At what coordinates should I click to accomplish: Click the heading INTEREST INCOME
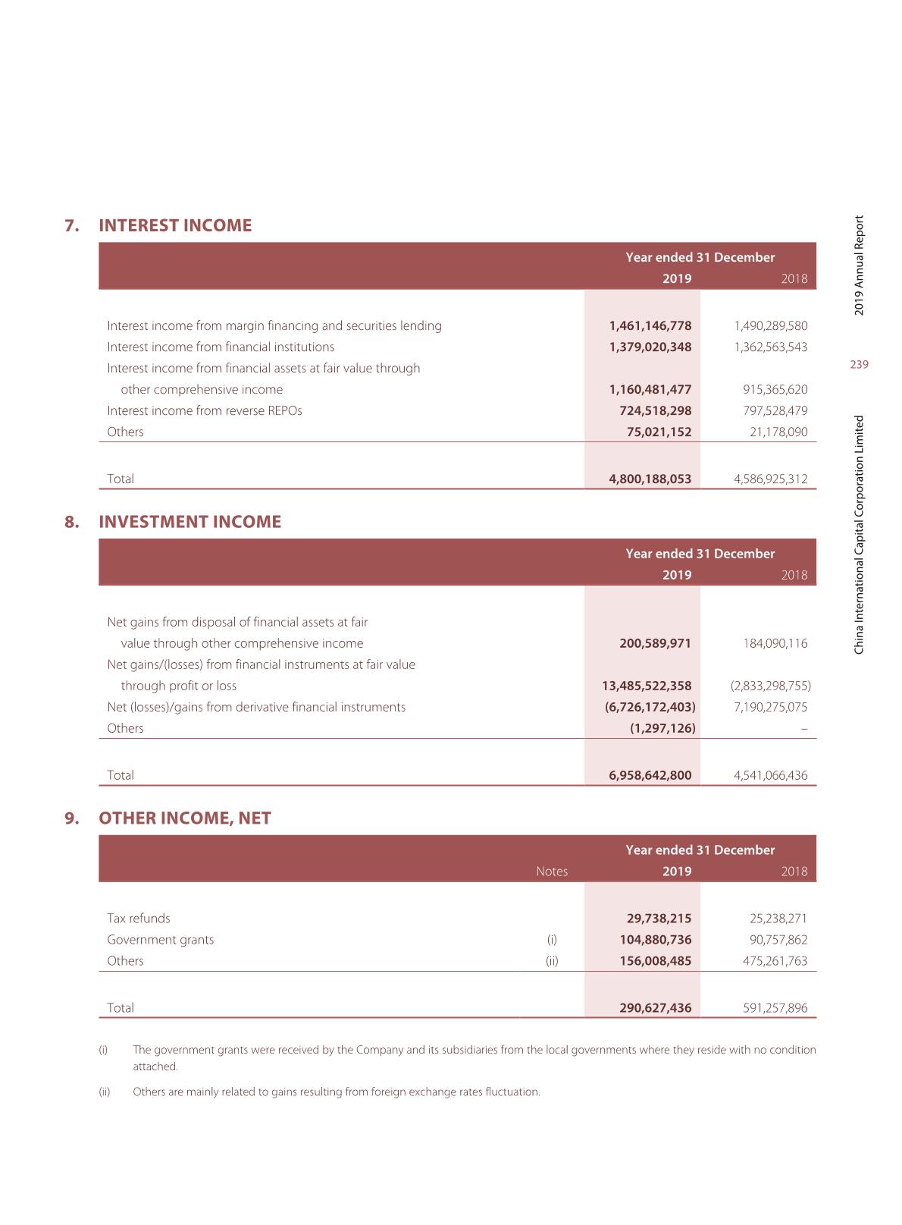[x=175, y=225]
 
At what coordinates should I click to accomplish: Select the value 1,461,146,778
[x=650, y=325]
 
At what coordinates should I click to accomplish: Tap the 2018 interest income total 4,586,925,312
[x=770, y=479]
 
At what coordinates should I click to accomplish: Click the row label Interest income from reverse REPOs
[x=204, y=410]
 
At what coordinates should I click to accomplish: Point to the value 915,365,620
[x=775, y=389]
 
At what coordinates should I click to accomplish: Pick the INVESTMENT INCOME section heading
[x=189, y=522]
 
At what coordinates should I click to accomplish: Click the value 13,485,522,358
[x=647, y=686]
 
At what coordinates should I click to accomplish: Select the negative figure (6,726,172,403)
[x=650, y=707]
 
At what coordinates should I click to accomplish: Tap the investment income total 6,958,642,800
[x=650, y=775]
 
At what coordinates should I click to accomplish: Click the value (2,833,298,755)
[x=770, y=686]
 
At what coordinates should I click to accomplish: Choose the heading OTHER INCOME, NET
[x=184, y=818]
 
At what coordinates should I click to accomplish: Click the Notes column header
[x=552, y=871]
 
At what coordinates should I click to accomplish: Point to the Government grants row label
[x=160, y=939]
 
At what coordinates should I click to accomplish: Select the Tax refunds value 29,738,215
[x=659, y=918]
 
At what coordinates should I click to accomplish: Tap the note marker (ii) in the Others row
[x=552, y=960]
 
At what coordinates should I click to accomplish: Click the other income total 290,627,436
[x=655, y=1007]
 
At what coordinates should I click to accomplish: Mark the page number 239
[x=859, y=365]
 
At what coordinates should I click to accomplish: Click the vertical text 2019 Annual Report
[x=859, y=265]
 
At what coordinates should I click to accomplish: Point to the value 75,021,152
[x=659, y=432]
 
